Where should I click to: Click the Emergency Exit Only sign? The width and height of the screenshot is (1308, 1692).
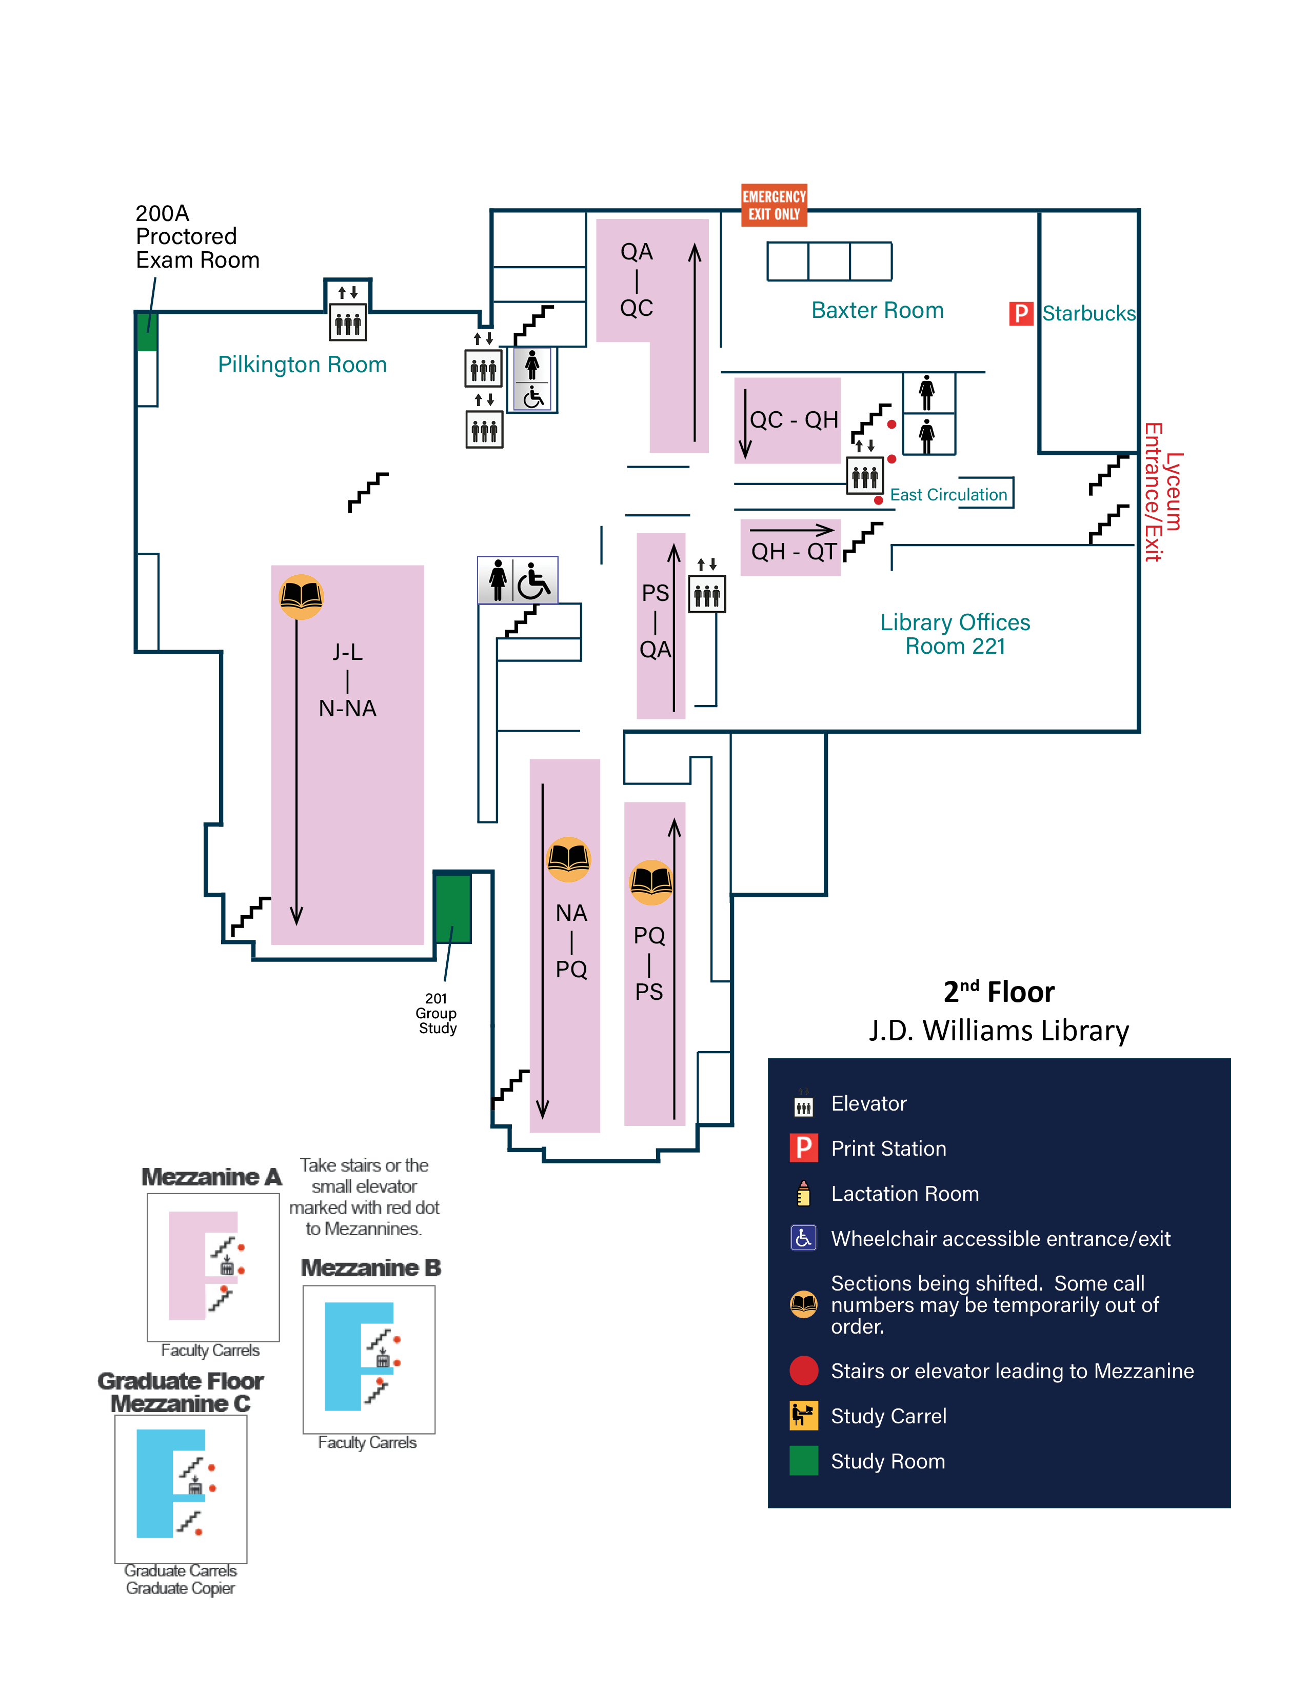pyautogui.click(x=774, y=205)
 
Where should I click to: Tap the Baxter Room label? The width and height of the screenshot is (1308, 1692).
pyautogui.click(x=877, y=311)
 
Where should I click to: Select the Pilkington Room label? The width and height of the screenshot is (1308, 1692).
pyautogui.click(x=302, y=365)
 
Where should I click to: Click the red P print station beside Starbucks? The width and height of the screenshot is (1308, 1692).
pyautogui.click(x=1021, y=314)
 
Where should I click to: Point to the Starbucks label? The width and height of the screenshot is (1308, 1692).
pyautogui.click(x=1088, y=314)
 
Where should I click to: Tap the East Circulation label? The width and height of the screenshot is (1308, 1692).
pyautogui.click(x=948, y=495)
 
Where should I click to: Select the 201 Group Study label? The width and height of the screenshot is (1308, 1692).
pyautogui.click(x=437, y=1013)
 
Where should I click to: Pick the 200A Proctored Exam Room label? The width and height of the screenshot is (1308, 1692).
pyautogui.click(x=197, y=236)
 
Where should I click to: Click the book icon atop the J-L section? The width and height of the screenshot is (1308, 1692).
pyautogui.click(x=301, y=596)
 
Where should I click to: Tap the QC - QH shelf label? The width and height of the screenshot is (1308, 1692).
pyautogui.click(x=794, y=420)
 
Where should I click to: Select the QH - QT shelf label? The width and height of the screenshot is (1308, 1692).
pyautogui.click(x=794, y=552)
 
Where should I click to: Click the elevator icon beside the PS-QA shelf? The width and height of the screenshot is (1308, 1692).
pyautogui.click(x=707, y=594)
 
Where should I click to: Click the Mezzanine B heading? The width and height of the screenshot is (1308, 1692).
pyautogui.click(x=370, y=1268)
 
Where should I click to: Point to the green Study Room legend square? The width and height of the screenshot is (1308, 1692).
pyautogui.click(x=804, y=1461)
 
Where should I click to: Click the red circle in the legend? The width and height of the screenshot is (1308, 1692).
pyautogui.click(x=804, y=1371)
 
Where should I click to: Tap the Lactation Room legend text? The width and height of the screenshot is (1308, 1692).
pyautogui.click(x=904, y=1194)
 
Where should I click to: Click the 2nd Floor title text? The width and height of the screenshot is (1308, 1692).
pyautogui.click(x=998, y=993)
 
